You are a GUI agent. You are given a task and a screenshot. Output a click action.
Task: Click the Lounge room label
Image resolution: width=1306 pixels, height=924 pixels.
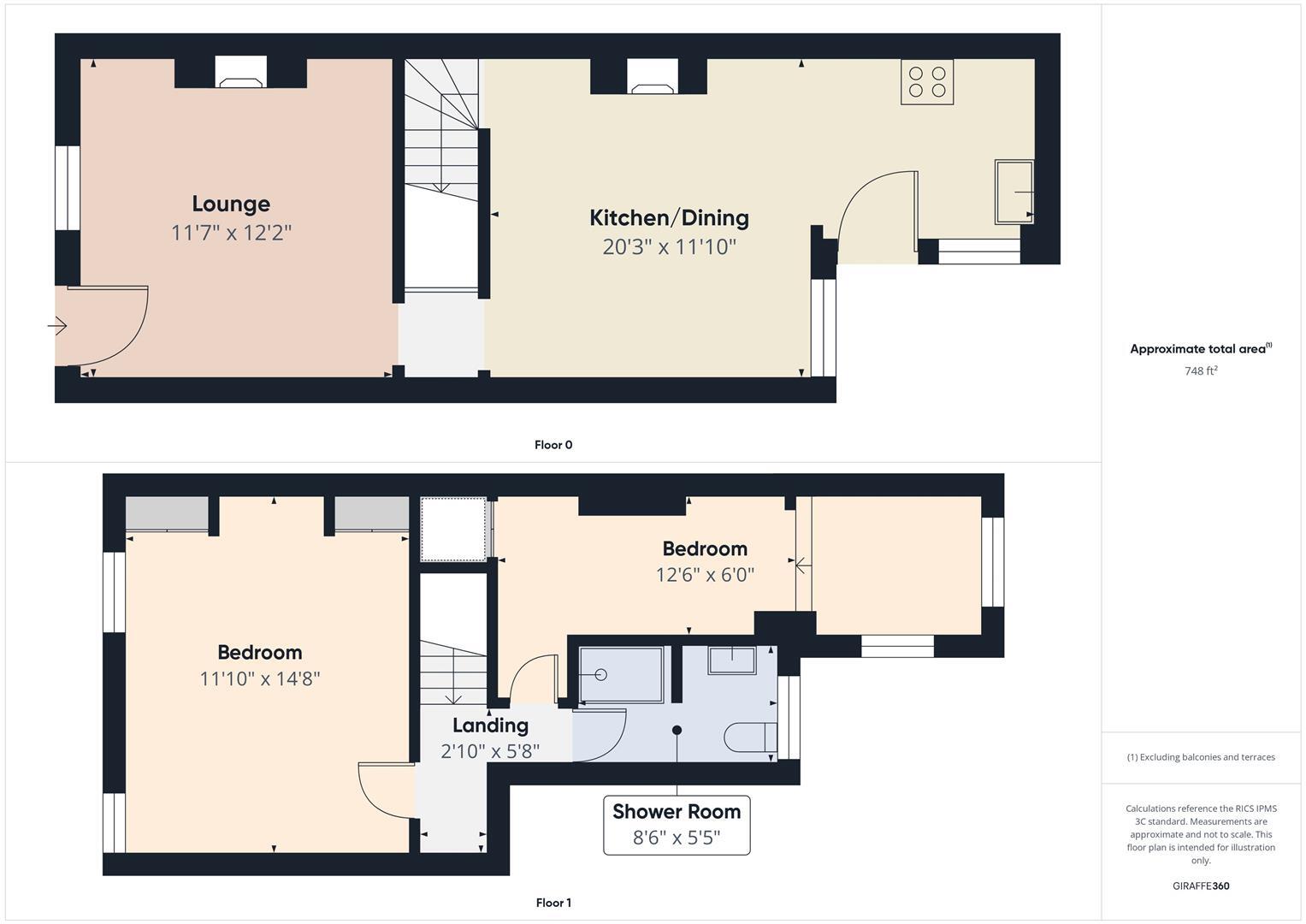tap(231, 204)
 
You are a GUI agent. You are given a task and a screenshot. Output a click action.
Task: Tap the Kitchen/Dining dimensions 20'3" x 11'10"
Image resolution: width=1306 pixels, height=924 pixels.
tap(670, 246)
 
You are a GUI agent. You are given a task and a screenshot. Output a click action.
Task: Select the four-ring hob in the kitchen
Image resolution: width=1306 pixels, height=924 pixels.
tap(927, 81)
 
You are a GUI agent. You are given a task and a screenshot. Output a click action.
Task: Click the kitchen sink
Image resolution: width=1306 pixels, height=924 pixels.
tap(1013, 192)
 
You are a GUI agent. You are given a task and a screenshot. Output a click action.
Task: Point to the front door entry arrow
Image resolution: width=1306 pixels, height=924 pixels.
tap(57, 325)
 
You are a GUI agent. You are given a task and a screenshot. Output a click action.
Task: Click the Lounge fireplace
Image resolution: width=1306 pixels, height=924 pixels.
tap(241, 72)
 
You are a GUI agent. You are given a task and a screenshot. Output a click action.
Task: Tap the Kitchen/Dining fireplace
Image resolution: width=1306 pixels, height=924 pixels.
tap(653, 76)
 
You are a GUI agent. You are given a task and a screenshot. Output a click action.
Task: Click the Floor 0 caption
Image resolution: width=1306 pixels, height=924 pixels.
tap(553, 445)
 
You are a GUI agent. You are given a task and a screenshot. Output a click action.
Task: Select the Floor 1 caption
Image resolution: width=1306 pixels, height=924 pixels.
tap(553, 903)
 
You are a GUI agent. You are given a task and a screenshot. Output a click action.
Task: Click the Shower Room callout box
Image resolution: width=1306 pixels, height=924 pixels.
tap(677, 825)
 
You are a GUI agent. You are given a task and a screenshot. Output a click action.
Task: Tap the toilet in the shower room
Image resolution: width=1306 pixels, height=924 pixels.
tap(750, 737)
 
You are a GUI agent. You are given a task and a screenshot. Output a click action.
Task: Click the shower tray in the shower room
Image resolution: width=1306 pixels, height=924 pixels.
tap(621, 674)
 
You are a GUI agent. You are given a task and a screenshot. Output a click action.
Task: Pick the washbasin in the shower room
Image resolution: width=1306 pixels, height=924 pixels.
tap(732, 660)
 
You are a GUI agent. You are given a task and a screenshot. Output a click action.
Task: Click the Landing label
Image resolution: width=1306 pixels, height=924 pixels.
tap(490, 726)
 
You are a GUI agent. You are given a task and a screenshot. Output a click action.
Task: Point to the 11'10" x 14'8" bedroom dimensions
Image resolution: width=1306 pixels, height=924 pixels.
tap(260, 679)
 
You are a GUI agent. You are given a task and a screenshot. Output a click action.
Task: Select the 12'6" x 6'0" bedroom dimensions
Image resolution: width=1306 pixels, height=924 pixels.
tap(705, 575)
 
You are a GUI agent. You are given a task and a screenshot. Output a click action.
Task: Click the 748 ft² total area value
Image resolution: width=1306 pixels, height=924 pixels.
tap(1201, 370)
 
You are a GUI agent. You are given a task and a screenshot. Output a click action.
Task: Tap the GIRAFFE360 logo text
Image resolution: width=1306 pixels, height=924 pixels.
tap(1201, 885)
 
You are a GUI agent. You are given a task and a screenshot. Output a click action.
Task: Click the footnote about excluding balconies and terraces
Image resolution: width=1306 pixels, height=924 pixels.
tap(1201, 757)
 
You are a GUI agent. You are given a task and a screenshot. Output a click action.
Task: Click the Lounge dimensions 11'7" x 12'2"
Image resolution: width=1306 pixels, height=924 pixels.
tap(231, 233)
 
